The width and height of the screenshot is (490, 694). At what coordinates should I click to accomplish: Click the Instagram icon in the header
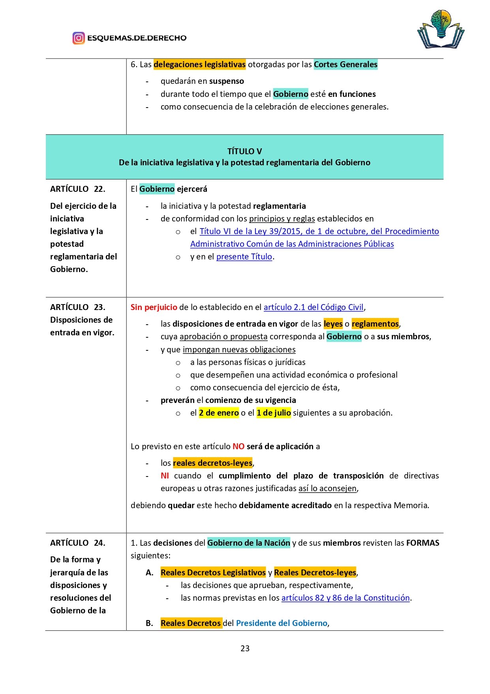click(x=79, y=38)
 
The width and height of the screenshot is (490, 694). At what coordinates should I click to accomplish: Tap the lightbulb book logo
click(x=441, y=30)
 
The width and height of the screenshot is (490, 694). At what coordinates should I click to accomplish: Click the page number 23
click(x=245, y=648)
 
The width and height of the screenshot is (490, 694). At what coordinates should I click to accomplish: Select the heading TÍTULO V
click(x=244, y=151)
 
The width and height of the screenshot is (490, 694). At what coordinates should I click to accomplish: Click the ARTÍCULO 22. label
click(x=78, y=189)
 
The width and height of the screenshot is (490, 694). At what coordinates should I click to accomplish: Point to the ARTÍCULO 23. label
click(x=78, y=307)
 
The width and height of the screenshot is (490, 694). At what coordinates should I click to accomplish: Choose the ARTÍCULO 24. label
click(x=78, y=543)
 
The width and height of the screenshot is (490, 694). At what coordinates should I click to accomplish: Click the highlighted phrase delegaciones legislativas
click(x=199, y=64)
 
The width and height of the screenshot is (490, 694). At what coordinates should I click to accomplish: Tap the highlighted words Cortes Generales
click(x=345, y=64)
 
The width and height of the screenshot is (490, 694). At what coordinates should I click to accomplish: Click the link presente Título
click(x=244, y=257)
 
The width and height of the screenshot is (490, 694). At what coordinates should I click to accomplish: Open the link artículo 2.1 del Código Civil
click(x=314, y=307)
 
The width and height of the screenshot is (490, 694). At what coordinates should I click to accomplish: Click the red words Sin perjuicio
click(x=154, y=307)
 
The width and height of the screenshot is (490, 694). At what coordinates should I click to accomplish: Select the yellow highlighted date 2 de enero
click(x=219, y=413)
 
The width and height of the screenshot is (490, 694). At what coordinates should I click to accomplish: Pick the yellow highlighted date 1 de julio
click(x=274, y=413)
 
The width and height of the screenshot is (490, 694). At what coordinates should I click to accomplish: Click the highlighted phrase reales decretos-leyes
click(x=212, y=463)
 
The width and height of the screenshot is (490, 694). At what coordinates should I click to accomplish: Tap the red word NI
click(x=165, y=476)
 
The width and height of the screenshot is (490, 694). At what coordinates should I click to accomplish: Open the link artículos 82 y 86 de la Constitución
click(x=345, y=598)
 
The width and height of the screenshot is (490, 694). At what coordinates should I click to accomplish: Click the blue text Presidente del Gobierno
click(x=282, y=623)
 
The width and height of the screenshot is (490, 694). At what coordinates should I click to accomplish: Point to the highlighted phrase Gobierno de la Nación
click(x=249, y=543)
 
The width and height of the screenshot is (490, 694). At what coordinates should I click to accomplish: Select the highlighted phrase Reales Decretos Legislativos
click(x=213, y=573)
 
